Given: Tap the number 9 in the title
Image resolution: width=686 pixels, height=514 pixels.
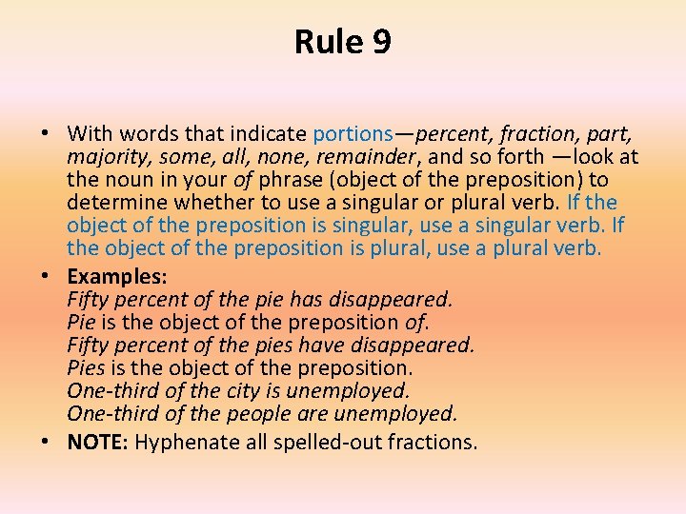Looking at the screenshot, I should coord(381,42).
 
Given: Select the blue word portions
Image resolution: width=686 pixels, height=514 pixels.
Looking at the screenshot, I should coord(352,134).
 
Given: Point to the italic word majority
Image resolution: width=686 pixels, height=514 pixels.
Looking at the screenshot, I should coord(105,157).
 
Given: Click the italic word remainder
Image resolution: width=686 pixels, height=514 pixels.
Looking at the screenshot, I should coord(355,157).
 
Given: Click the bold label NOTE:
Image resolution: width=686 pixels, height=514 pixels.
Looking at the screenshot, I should coord(98,442).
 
